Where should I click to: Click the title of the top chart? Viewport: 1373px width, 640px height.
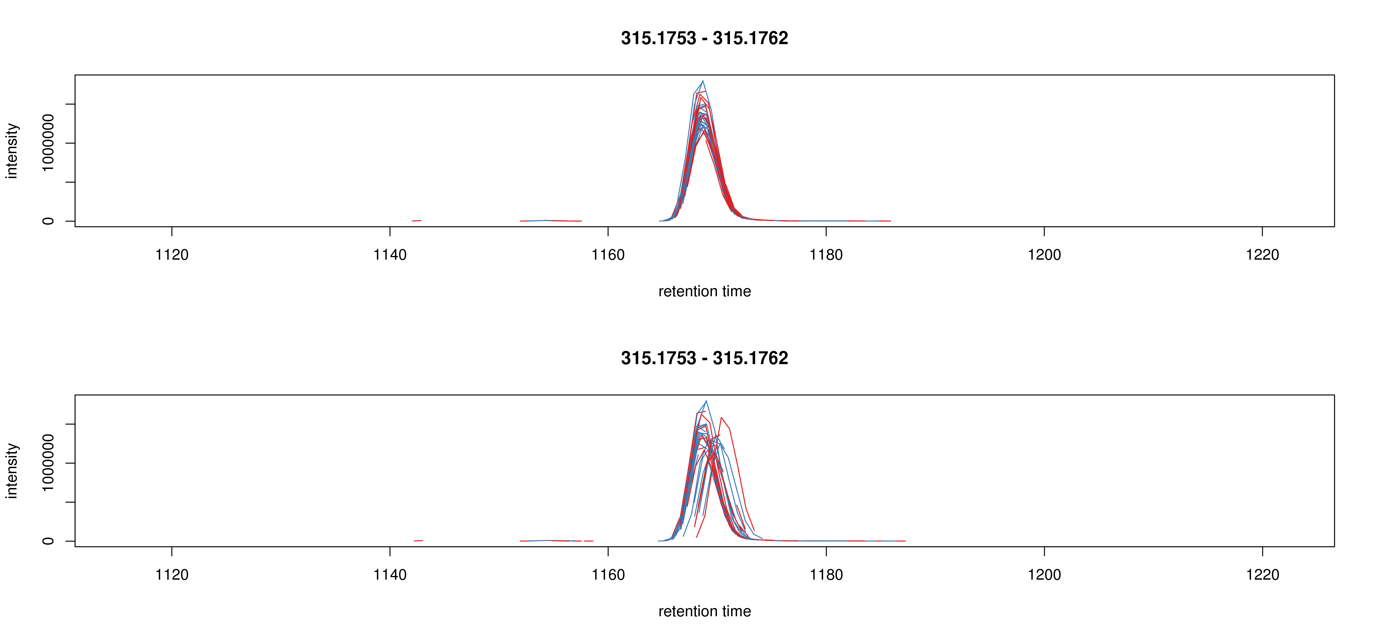pos(704,38)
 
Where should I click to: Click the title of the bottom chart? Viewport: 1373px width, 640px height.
pos(704,358)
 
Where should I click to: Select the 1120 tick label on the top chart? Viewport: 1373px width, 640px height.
pos(172,255)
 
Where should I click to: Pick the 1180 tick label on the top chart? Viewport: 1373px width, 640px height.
pos(826,255)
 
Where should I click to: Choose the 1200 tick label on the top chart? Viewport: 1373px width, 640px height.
pos(1044,255)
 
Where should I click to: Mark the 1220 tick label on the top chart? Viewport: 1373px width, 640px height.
pos(1262,255)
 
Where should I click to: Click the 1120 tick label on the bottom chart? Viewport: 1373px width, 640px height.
pos(172,575)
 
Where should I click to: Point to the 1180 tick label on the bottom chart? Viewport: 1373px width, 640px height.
pos(826,575)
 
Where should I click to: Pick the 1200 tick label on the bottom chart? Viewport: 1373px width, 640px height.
pos(1044,575)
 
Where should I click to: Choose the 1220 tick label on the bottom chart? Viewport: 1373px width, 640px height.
pos(1262,575)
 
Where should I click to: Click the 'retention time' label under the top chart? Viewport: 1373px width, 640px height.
pos(704,291)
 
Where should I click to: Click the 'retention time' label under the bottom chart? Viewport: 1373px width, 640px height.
pos(704,611)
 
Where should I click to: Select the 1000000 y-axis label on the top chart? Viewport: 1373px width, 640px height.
pos(48,143)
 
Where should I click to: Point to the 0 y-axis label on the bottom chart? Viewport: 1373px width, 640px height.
pos(48,541)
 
